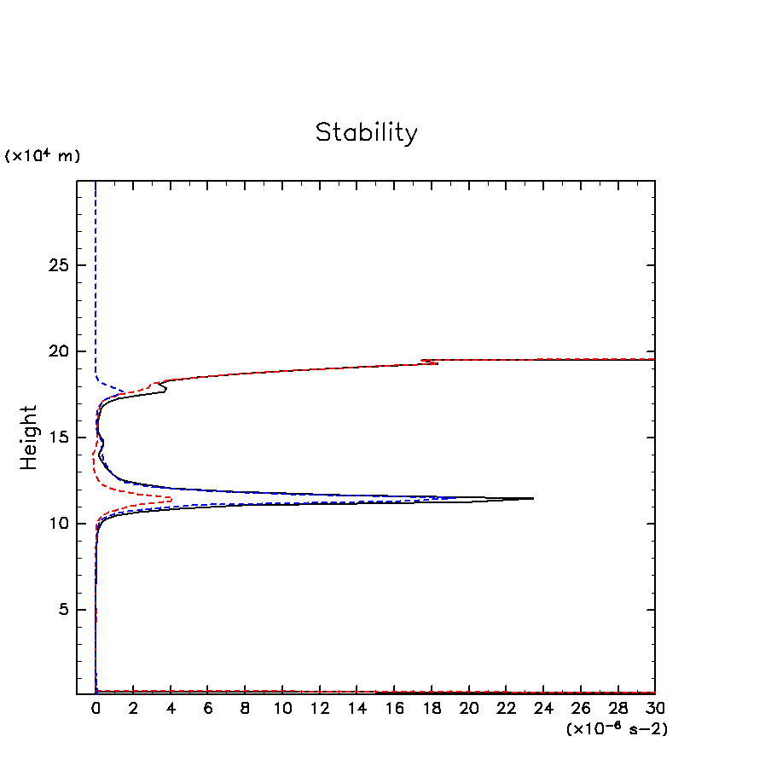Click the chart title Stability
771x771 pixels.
coord(367,133)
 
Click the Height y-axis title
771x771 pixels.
coord(30,438)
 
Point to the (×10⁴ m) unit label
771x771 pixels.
coord(43,156)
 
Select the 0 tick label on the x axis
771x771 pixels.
coord(96,709)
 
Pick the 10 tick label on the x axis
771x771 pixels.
coord(282,709)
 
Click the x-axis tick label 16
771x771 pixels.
coord(394,709)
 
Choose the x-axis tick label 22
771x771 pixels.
coord(506,709)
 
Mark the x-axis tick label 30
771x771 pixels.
coord(655,709)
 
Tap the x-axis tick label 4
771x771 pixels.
coord(170,709)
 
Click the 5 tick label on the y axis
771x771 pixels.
coord(62,610)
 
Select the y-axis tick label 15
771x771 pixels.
coord(57,438)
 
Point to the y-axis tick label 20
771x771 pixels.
coord(57,351)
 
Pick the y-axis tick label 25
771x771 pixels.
coord(57,265)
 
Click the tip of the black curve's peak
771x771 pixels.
coord(533,498)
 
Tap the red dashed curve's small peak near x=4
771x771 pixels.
coord(171,499)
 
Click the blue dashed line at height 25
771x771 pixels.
coord(96,265)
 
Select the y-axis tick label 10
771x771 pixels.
coord(57,524)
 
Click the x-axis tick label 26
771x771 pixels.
coord(580,709)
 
